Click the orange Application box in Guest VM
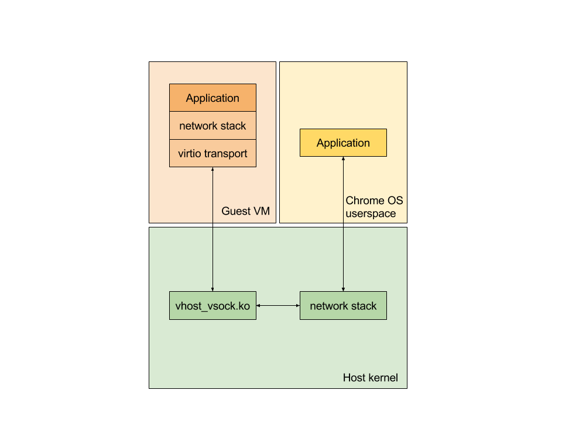[213, 98]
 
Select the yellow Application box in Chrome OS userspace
[343, 143]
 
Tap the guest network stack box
[213, 126]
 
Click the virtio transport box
[213, 154]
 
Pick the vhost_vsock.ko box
[213, 306]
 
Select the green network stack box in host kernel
[343, 306]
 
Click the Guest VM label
[245, 211]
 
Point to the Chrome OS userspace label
[374, 207]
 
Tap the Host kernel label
[370, 378]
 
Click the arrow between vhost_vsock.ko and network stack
[278, 306]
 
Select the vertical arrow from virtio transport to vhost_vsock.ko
[213, 234]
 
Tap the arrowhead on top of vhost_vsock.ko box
[213, 288]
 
